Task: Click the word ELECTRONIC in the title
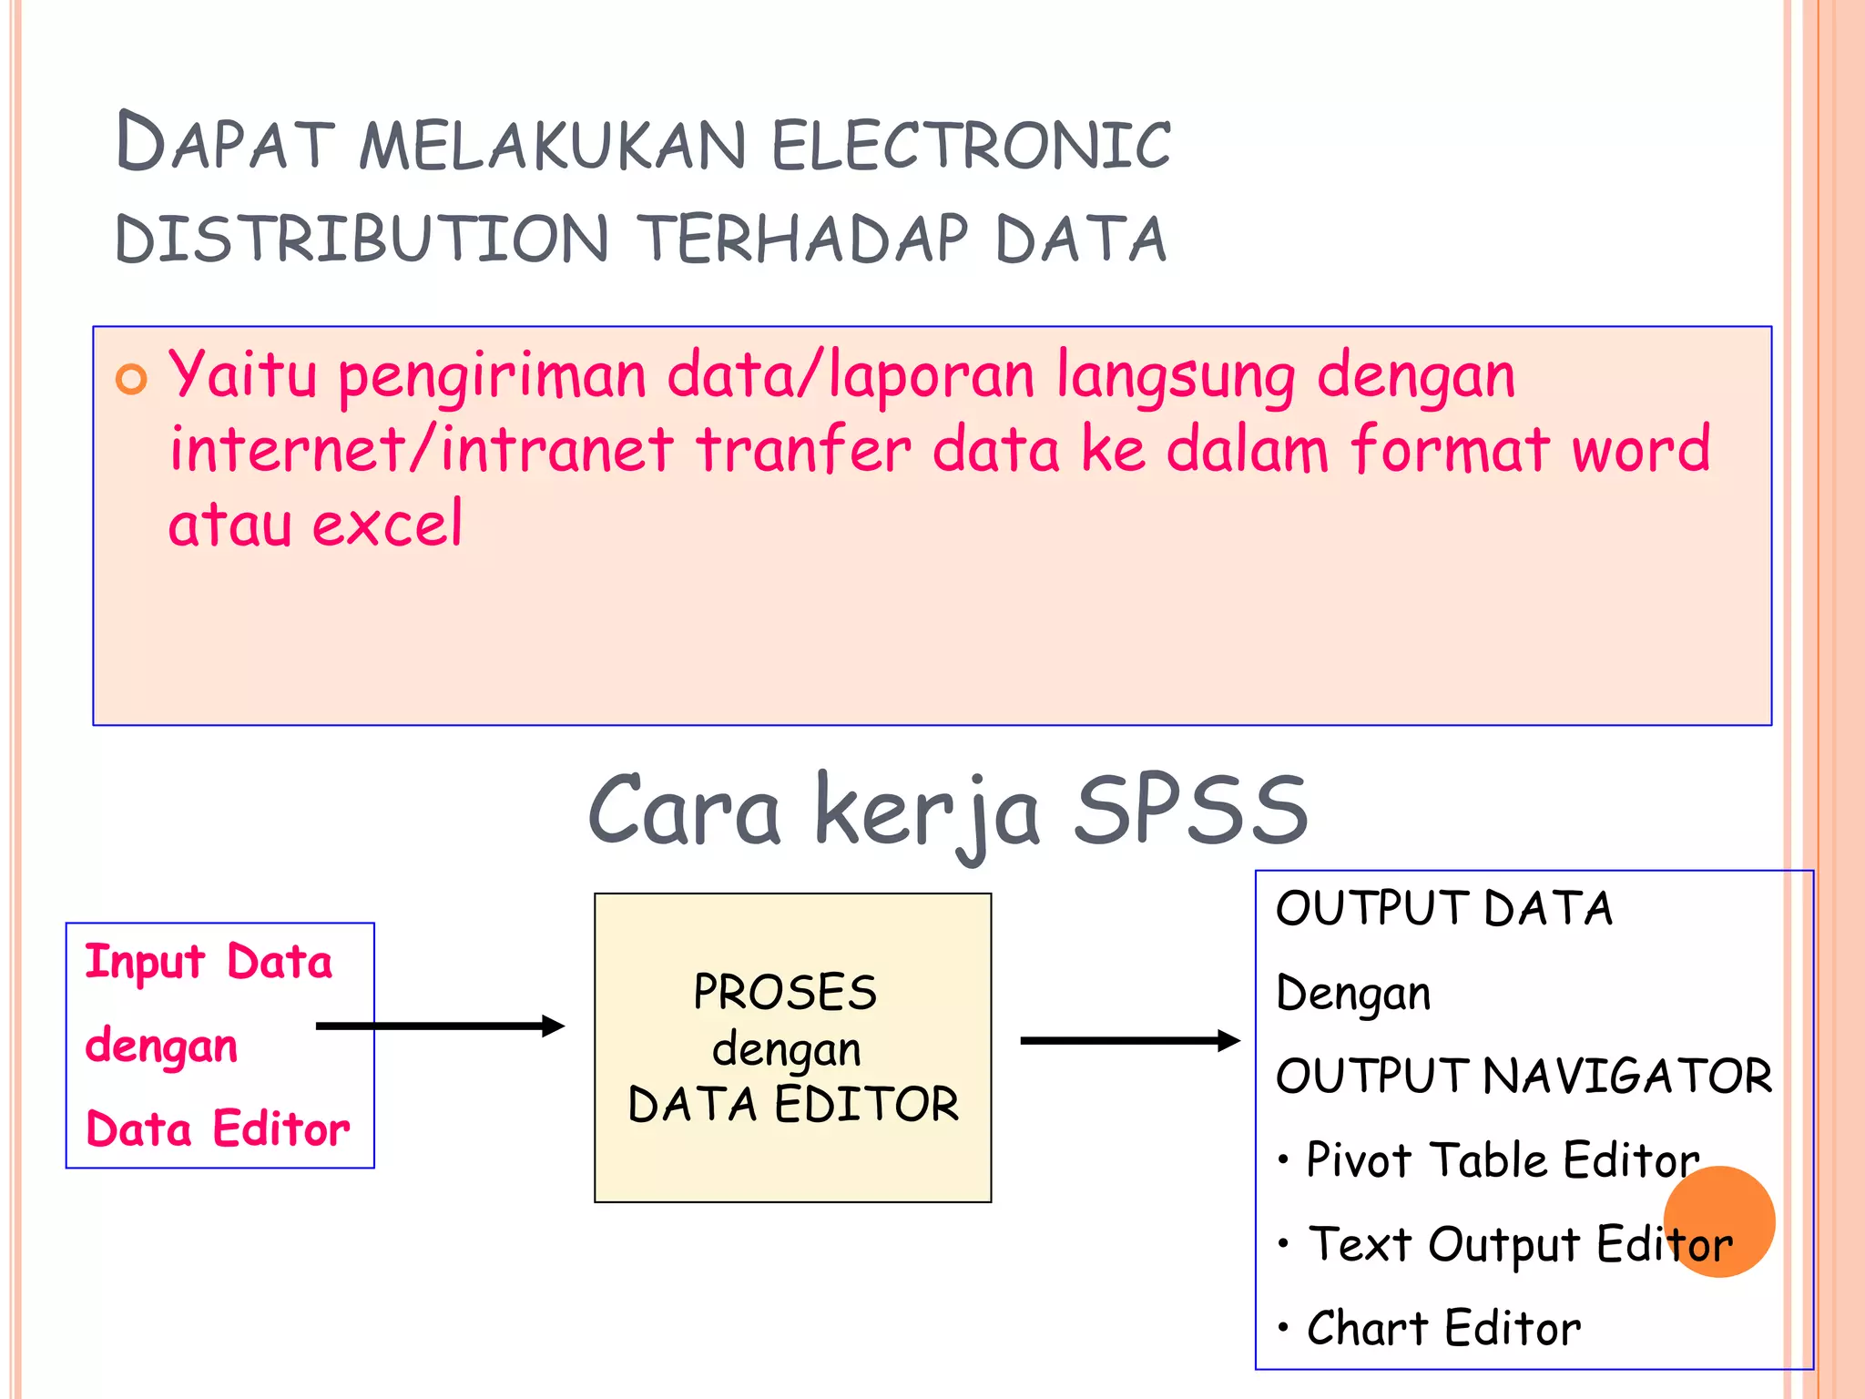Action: point(971,146)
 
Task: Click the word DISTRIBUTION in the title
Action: point(362,240)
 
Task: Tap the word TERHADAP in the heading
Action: point(801,240)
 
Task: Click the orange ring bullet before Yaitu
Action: point(131,379)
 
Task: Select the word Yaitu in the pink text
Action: point(242,375)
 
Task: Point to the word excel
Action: point(388,526)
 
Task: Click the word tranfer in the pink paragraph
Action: point(803,450)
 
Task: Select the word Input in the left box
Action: point(145,963)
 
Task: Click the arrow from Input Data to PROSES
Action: point(440,1026)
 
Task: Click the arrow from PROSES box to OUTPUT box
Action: point(1129,1040)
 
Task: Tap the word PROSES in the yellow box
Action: point(785,992)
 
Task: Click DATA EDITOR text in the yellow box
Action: point(793,1104)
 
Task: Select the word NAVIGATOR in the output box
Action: point(1627,1076)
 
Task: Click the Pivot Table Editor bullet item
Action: point(1503,1160)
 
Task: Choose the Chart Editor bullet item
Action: point(1443,1328)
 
